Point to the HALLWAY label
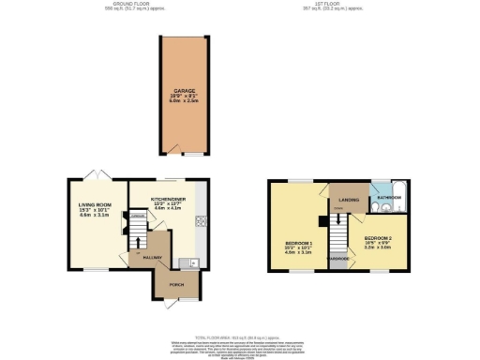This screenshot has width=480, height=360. [153, 258]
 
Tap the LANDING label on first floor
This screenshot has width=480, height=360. [348, 199]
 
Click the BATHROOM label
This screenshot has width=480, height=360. [389, 198]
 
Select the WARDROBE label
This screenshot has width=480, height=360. [337, 259]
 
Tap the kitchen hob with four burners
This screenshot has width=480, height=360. [201, 222]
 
